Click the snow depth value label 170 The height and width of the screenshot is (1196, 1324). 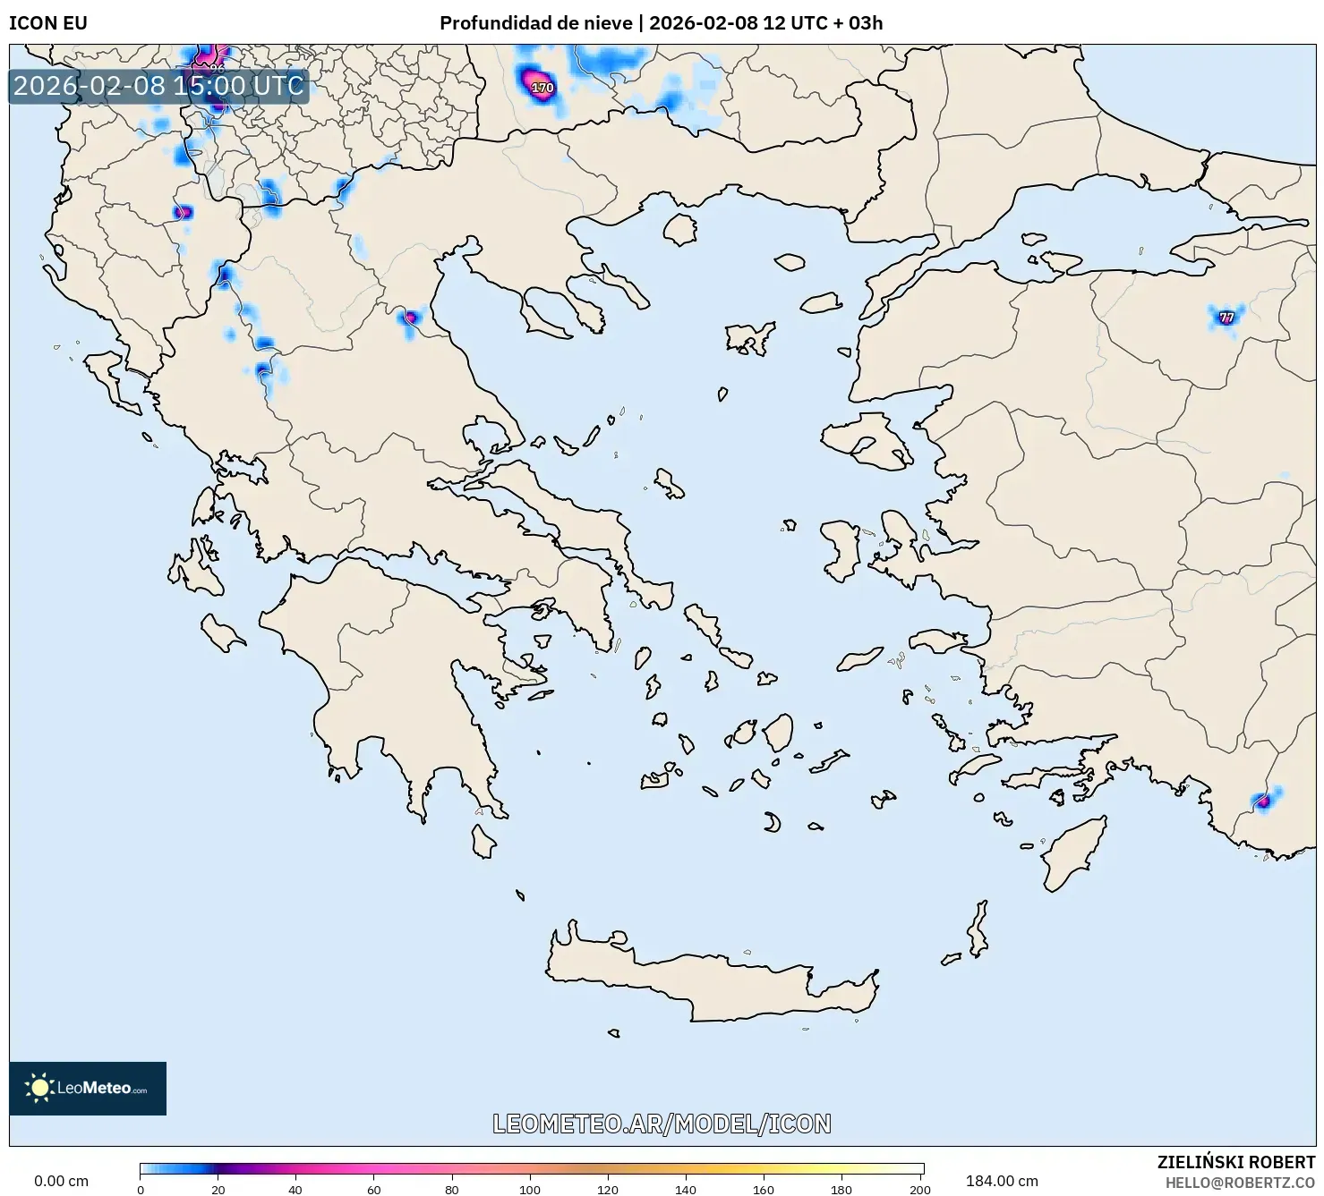(542, 88)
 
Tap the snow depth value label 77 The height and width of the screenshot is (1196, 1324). (1226, 317)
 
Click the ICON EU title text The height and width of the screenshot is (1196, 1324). (48, 23)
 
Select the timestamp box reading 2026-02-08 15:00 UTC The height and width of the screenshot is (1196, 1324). (158, 86)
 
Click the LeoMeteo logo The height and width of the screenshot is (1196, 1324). (88, 1088)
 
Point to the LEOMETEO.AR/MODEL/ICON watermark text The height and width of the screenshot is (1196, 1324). (662, 1124)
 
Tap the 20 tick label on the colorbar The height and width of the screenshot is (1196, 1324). (218, 1190)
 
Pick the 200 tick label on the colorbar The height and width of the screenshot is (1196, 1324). (919, 1190)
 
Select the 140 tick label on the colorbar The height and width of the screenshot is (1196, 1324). (686, 1190)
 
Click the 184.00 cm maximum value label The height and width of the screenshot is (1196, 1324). (1002, 1181)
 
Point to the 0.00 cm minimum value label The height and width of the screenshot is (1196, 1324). (61, 1181)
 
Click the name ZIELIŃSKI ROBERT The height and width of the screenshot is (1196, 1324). (1236, 1163)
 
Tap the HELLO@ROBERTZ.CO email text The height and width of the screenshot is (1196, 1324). (1240, 1183)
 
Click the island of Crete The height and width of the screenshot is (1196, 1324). (707, 980)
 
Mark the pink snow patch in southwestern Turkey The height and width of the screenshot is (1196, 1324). (1263, 801)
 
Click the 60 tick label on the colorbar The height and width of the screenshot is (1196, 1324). (374, 1190)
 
